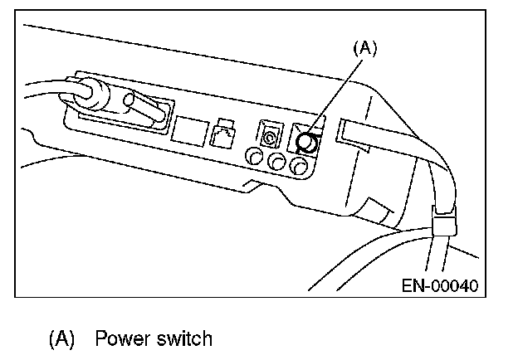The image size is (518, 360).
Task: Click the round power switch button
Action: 306,142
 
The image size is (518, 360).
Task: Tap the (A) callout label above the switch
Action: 365,49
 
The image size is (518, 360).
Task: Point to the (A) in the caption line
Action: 62,338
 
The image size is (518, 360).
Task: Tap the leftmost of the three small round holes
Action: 254,158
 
